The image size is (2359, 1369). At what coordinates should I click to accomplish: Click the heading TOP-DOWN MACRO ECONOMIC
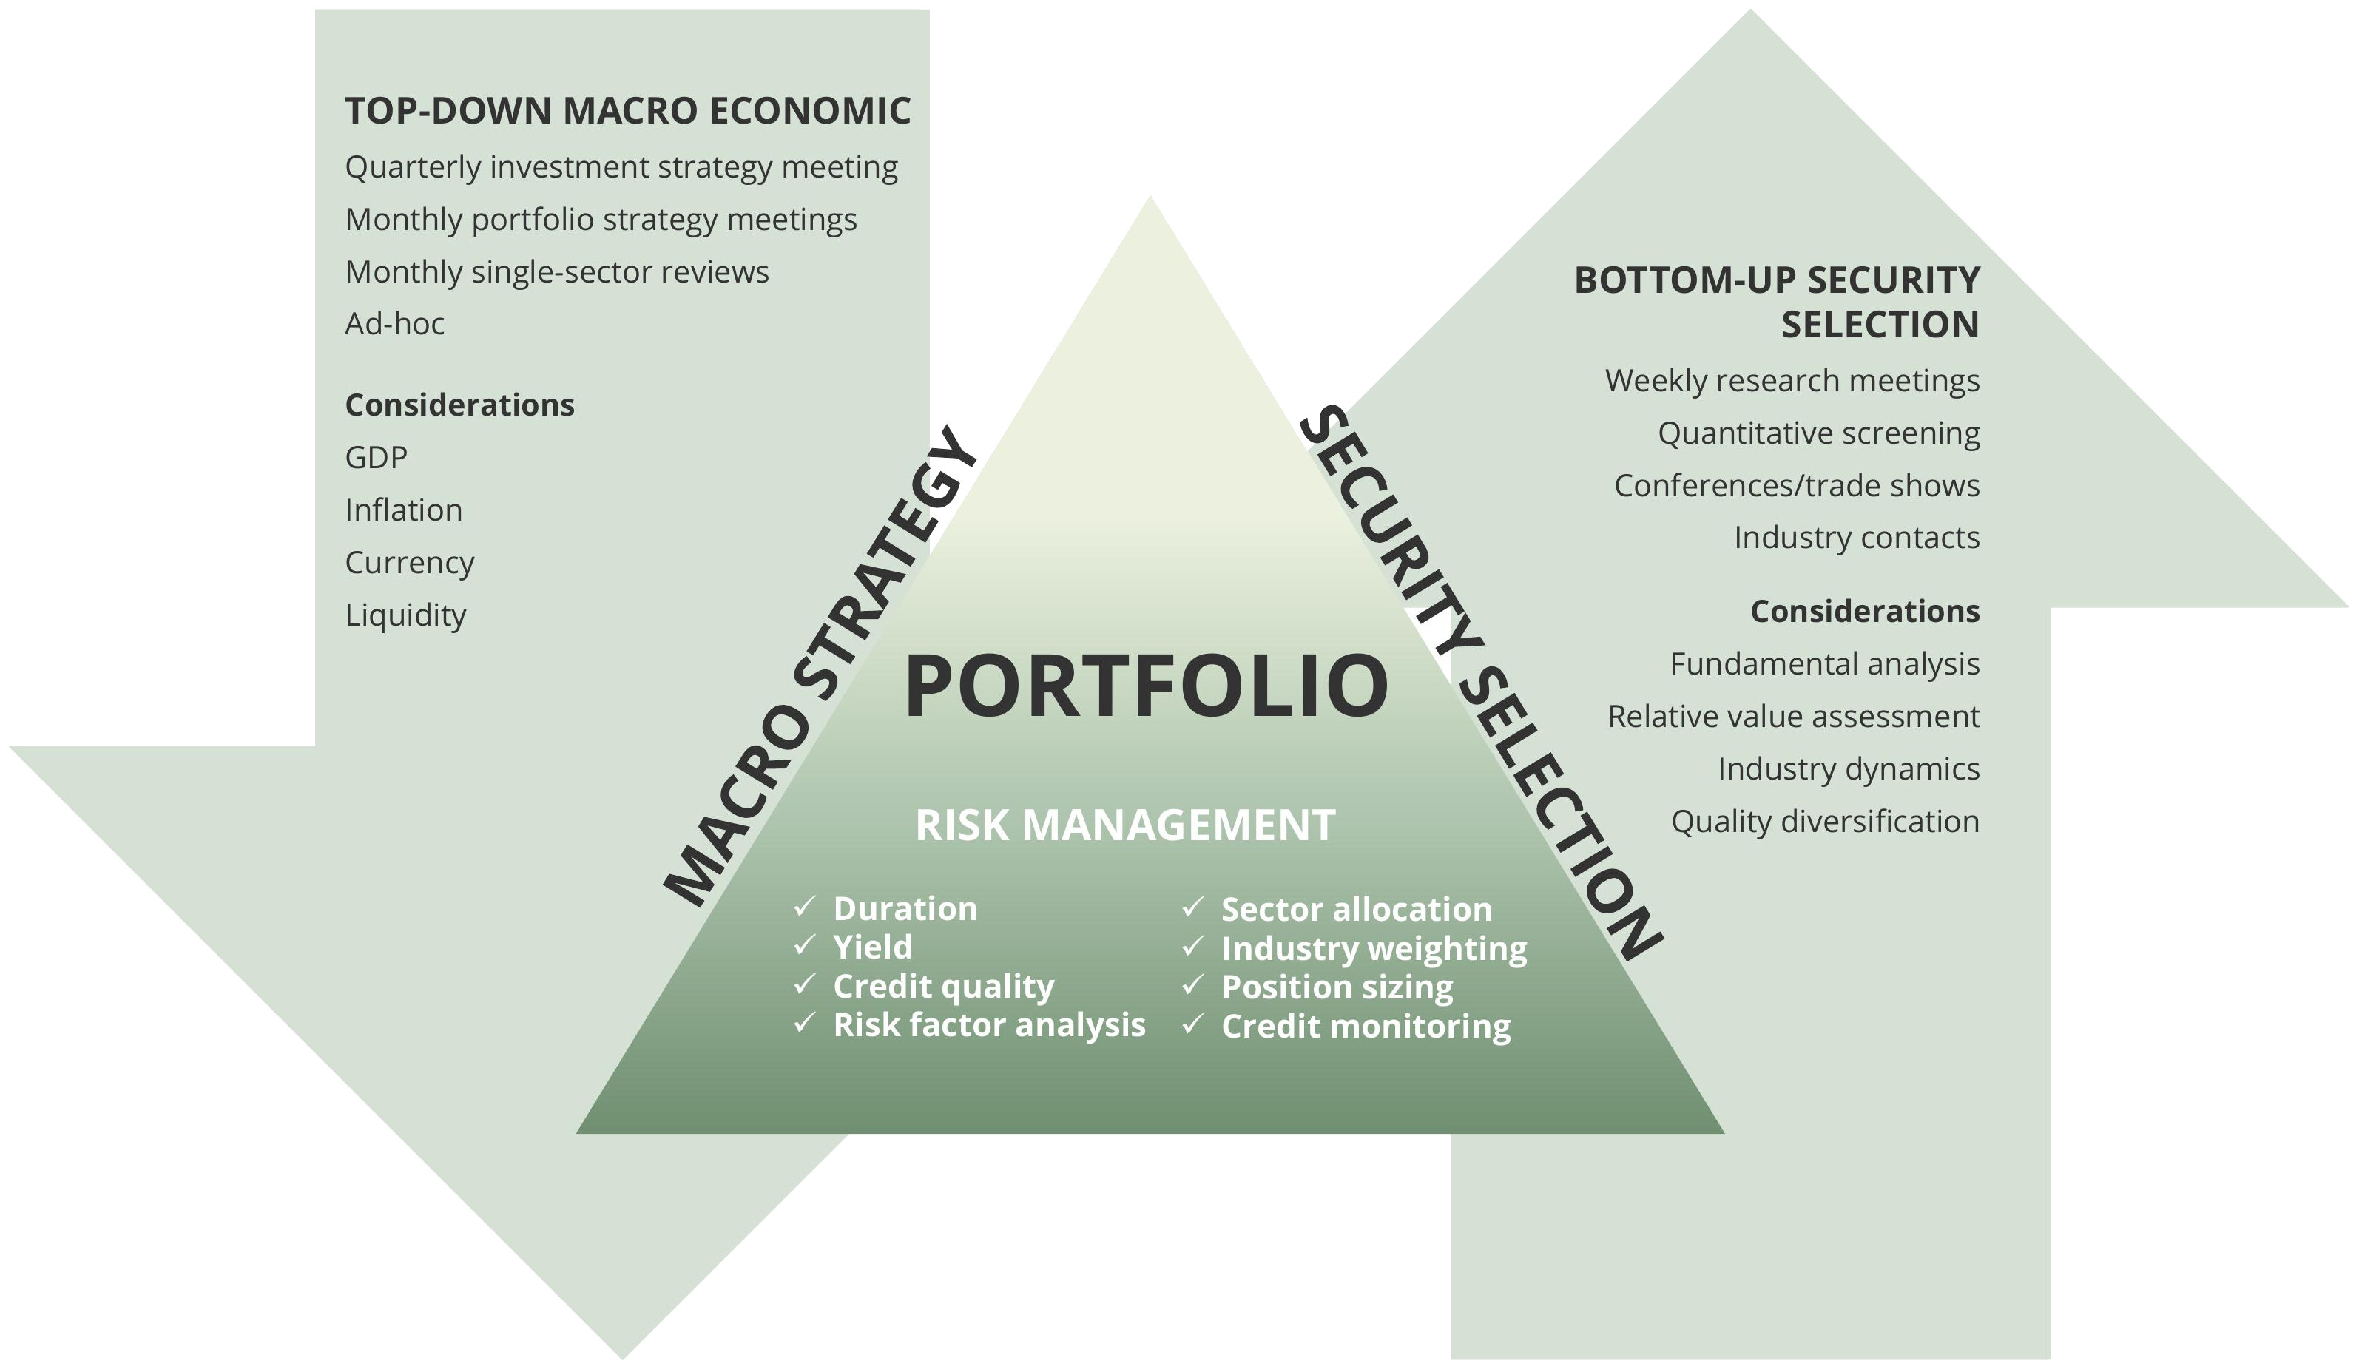tap(627, 110)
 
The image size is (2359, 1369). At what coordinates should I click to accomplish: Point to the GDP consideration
tap(377, 458)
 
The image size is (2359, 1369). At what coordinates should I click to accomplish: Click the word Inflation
tap(403, 510)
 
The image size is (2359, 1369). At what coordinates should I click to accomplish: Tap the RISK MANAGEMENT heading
tap(1125, 825)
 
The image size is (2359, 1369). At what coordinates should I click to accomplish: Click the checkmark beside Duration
tap(805, 907)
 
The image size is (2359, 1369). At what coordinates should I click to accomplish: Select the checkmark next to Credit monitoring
tap(1192, 1024)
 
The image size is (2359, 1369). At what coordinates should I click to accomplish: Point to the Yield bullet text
tap(872, 947)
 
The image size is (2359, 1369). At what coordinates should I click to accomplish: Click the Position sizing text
tap(1337, 987)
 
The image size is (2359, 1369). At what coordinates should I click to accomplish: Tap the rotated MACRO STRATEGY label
tap(820, 666)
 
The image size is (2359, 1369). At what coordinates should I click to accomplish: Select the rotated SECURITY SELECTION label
tap(1481, 683)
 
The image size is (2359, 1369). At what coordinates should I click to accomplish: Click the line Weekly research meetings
tap(1792, 381)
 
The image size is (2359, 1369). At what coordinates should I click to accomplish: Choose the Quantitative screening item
tap(1818, 434)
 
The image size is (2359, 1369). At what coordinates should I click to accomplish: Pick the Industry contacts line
tap(1856, 538)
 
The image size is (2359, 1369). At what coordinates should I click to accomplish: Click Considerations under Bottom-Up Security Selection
tap(1865, 611)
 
